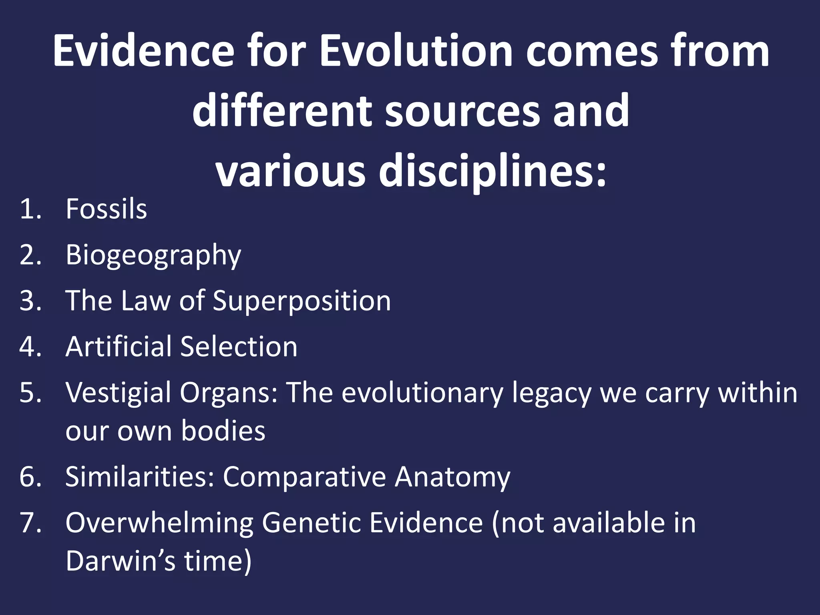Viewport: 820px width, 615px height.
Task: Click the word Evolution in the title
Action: point(416,51)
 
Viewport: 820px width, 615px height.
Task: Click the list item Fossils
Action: point(106,209)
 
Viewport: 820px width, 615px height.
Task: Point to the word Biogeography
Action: point(153,255)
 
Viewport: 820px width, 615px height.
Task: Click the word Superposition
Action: point(301,301)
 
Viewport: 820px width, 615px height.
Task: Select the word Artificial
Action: point(118,346)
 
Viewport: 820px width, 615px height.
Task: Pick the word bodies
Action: point(223,431)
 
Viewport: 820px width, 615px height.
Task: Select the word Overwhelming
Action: point(159,523)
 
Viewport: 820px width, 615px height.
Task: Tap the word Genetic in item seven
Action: point(312,523)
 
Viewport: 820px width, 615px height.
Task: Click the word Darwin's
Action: point(120,561)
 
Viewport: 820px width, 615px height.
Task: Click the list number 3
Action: point(30,301)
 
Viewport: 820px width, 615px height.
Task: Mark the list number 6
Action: point(30,477)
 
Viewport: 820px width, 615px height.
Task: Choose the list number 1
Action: point(30,209)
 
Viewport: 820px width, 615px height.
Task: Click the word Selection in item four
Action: point(239,346)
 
